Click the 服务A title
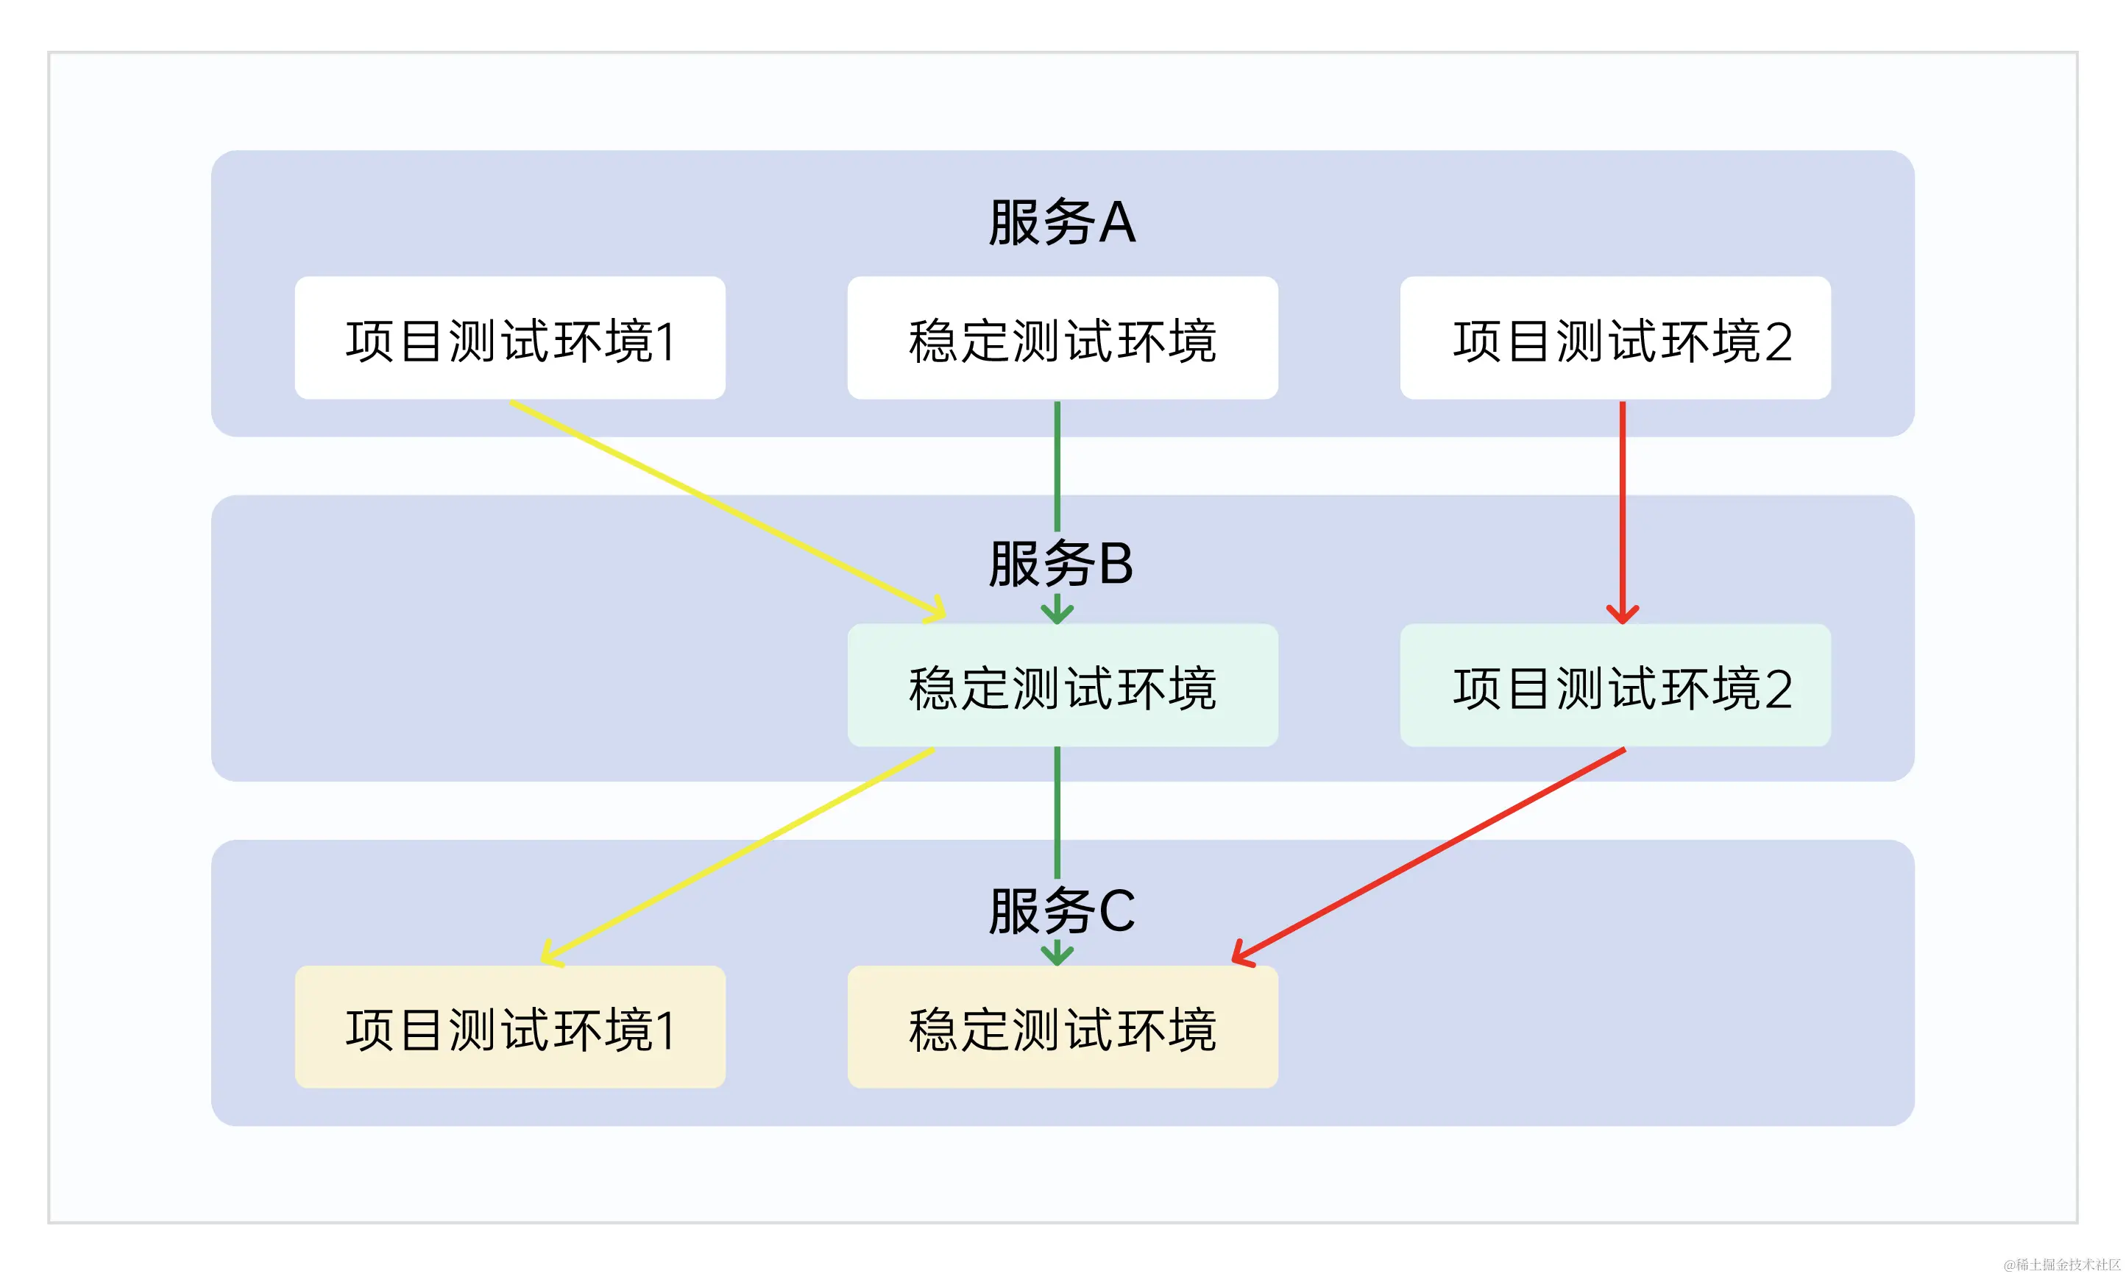pos(1062,222)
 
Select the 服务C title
pos(1062,910)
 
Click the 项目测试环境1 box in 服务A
pos(509,338)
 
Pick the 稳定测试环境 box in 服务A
pos(1062,338)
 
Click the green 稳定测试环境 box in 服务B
pos(1062,686)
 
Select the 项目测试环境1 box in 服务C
pos(509,1027)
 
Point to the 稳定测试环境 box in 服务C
pos(1062,1027)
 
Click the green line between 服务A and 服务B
pos(1057,464)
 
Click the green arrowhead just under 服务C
pos(1057,955)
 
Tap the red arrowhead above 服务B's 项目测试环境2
pos(1622,615)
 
